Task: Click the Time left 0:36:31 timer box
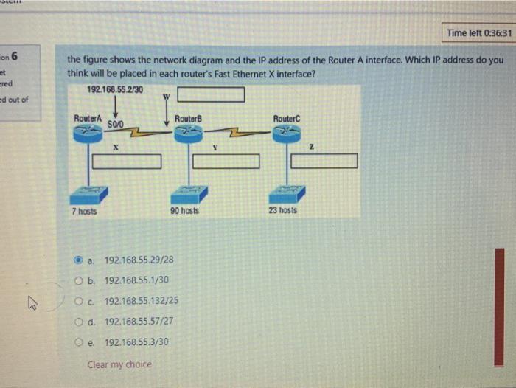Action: click(x=476, y=32)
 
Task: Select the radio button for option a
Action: click(x=80, y=260)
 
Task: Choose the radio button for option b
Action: click(x=80, y=280)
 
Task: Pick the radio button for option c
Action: click(x=80, y=301)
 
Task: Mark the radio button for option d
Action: click(x=80, y=322)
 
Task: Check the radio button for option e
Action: click(x=80, y=342)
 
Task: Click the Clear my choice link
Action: click(x=119, y=364)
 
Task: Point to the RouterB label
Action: click(x=189, y=119)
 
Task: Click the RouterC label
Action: click(x=287, y=119)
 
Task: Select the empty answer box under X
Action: click(x=127, y=161)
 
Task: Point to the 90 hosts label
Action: click(x=184, y=210)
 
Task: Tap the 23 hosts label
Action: click(x=282, y=210)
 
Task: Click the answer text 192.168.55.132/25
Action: click(x=141, y=301)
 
